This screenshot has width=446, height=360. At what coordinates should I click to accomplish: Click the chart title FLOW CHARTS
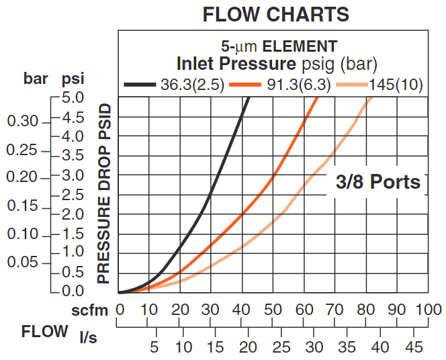[x=276, y=14]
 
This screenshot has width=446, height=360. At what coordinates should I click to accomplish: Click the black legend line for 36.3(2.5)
[x=141, y=85]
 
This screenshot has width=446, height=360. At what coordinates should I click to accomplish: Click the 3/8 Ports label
[x=378, y=181]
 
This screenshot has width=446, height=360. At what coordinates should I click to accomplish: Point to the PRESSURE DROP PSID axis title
[x=104, y=193]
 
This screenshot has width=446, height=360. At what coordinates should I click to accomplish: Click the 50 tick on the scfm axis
[x=273, y=310]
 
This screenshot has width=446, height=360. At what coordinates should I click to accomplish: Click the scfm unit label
[x=90, y=310]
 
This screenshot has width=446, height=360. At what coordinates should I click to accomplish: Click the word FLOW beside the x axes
[x=44, y=331]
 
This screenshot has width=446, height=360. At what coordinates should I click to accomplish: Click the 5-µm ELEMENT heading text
[x=279, y=46]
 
